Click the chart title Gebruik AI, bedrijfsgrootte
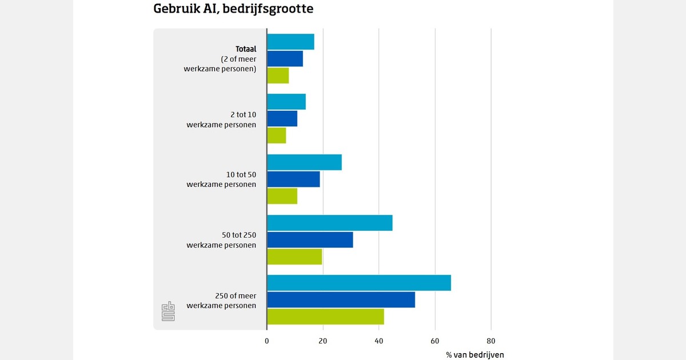coord(233,9)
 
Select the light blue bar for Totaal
coord(290,42)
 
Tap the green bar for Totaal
coord(278,75)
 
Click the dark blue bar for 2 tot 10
coord(282,118)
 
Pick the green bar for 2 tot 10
coord(277,135)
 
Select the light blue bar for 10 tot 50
coord(304,162)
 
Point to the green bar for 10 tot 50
coord(282,196)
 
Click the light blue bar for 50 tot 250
coord(330,223)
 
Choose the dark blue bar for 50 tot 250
coord(310,239)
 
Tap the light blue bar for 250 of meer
coord(359,283)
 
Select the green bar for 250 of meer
coord(326,316)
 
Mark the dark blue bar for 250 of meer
coord(341,299)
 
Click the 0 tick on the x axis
coord(267,341)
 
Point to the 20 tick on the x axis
coord(323,341)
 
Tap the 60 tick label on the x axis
coord(435,341)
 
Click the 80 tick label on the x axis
coord(491,341)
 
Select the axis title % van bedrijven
coord(475,355)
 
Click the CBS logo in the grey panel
coord(168,311)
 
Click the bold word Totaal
coord(246,49)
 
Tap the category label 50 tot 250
coord(239,235)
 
